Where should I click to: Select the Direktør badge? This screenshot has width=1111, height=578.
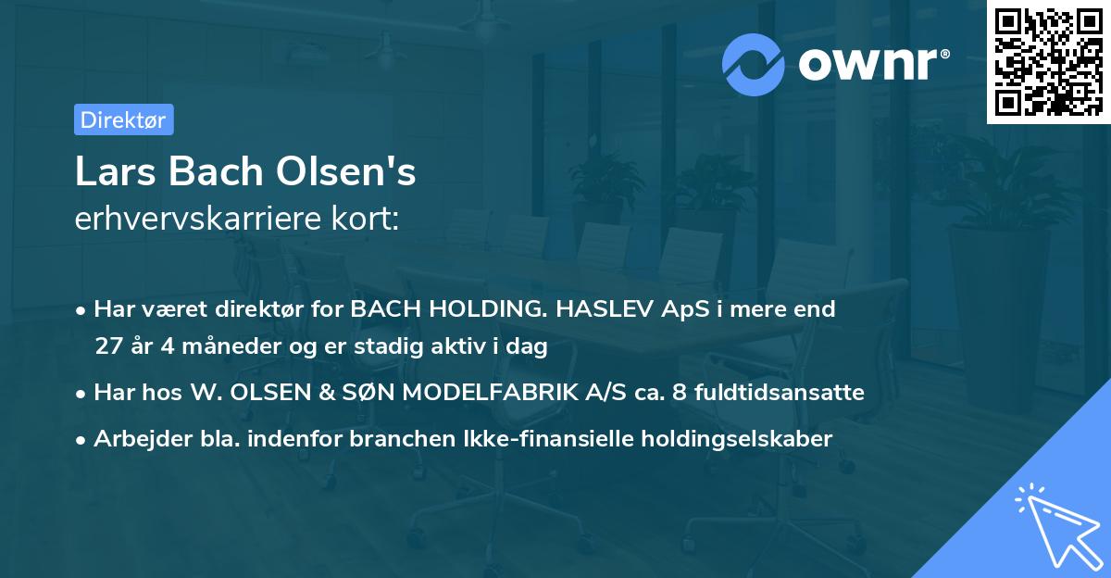pyautogui.click(x=124, y=119)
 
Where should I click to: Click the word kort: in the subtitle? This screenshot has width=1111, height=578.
pyautogui.click(x=372, y=220)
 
